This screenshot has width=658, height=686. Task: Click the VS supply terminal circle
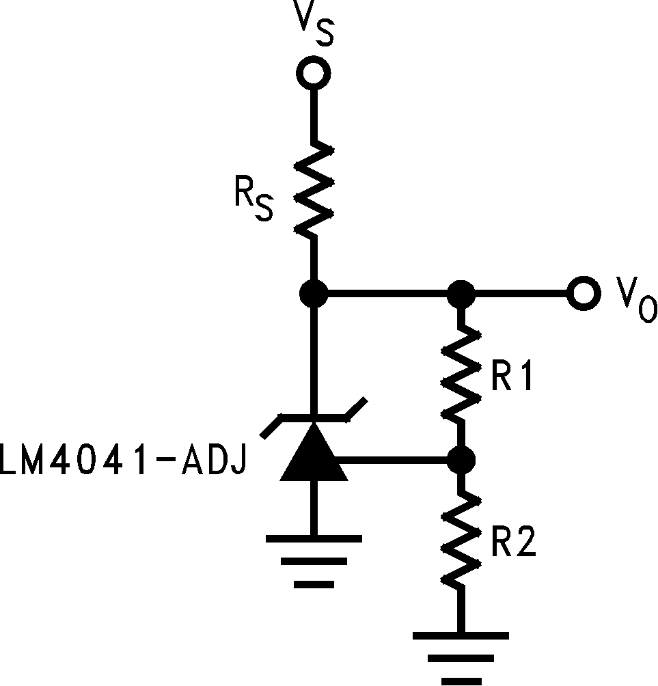coord(314,73)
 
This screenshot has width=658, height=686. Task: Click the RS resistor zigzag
coord(314,190)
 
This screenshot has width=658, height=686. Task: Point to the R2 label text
coord(514,544)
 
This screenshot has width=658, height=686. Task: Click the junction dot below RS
coord(314,294)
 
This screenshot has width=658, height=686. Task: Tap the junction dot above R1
coord(461,294)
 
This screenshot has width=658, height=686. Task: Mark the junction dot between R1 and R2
coord(461,459)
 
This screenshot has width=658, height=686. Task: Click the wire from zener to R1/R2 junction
coord(396,459)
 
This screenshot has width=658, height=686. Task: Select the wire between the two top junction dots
coord(387,294)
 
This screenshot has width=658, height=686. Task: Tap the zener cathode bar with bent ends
coord(314,416)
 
